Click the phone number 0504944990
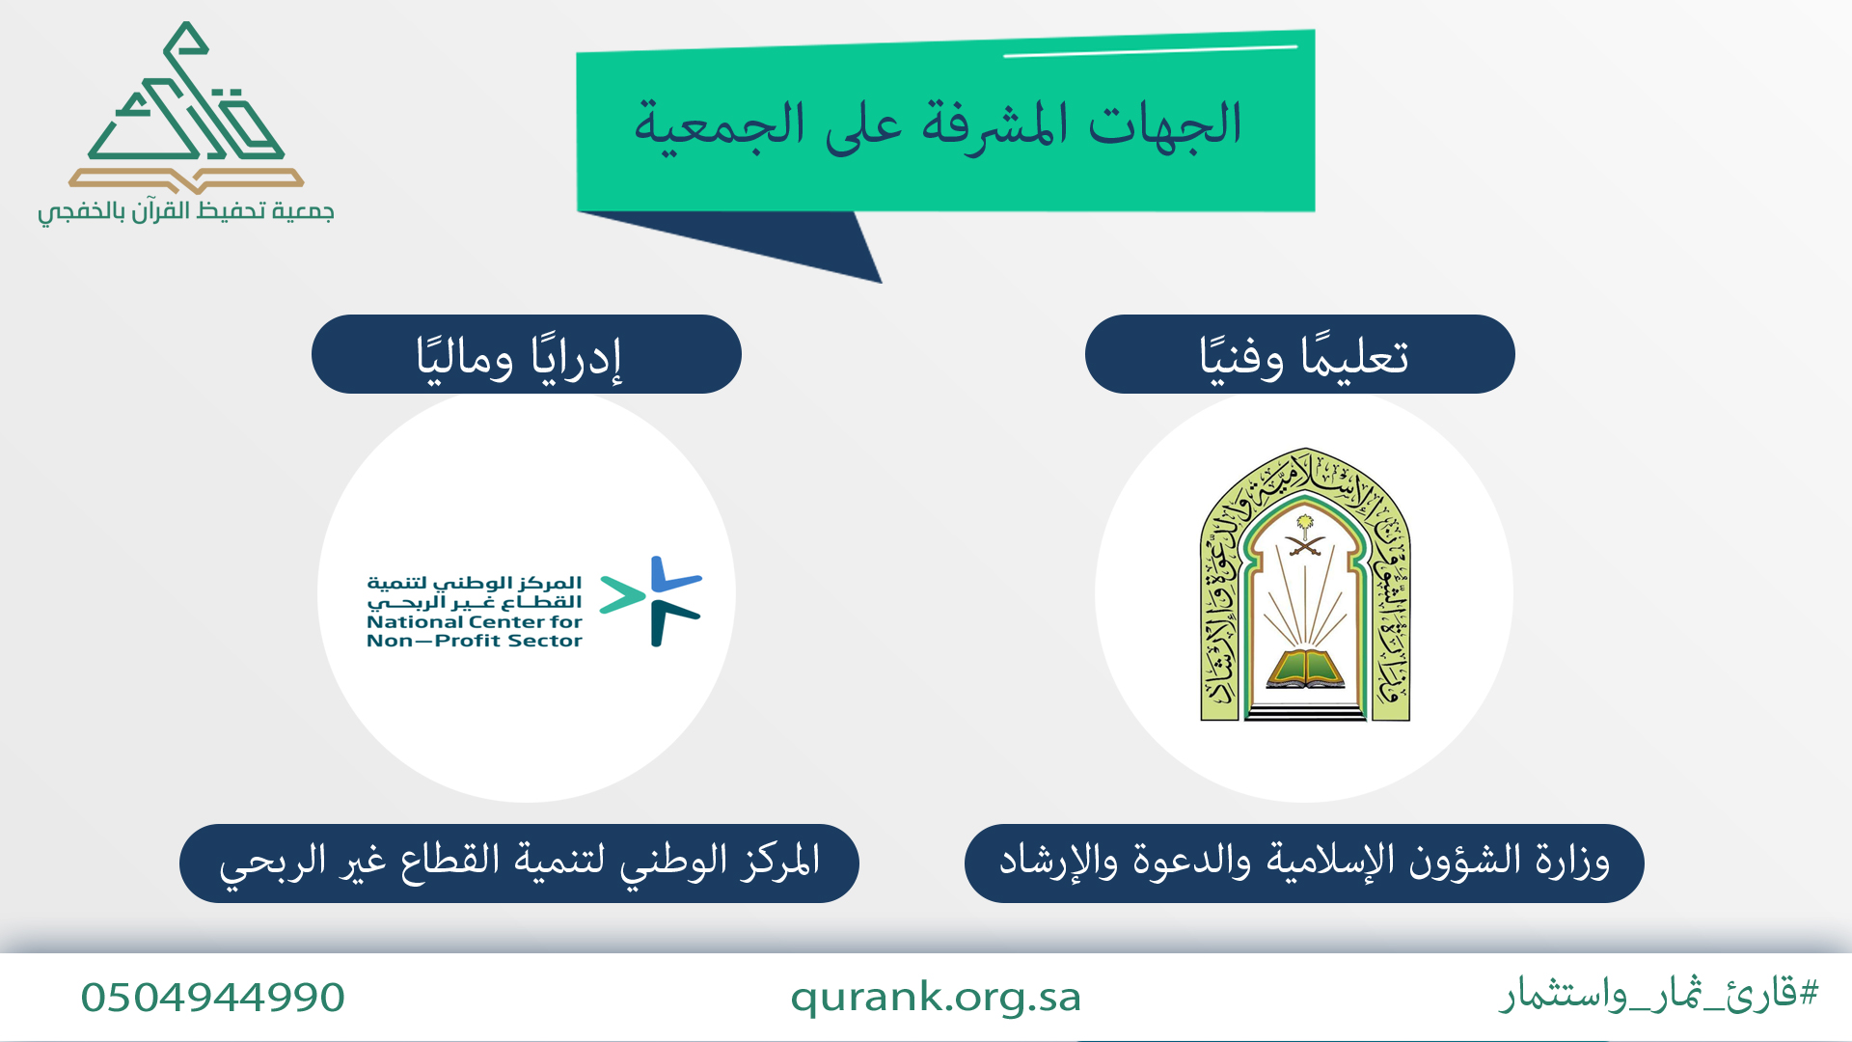pos(212,998)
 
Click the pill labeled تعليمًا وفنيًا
pos(1299,354)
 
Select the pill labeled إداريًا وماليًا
pos(526,354)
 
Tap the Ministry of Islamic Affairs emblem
pos(1305,585)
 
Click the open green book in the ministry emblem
pos(1305,669)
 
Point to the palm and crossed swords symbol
pos(1305,537)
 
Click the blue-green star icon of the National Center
pos(651,600)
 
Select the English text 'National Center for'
pos(475,622)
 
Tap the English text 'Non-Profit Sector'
pos(475,641)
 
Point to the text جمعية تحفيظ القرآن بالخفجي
pos(186,211)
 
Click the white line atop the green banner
pos(1151,50)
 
